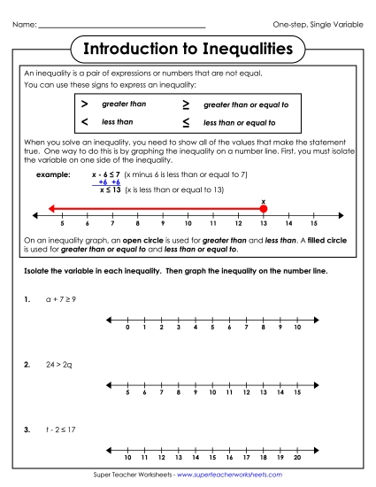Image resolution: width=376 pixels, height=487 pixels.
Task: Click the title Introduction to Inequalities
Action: (188, 50)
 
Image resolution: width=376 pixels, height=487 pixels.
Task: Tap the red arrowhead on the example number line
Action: (53, 208)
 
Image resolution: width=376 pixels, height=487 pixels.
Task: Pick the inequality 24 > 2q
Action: (60, 364)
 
